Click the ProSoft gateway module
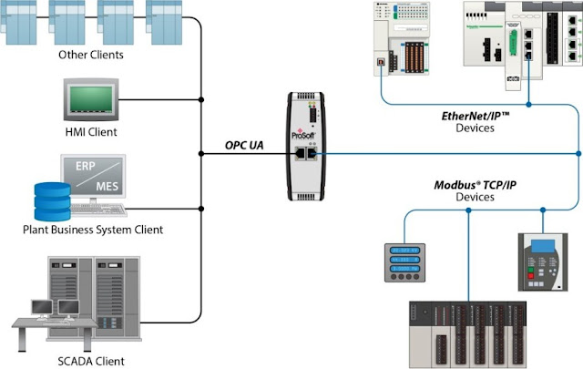click(309, 146)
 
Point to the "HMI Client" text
click(90, 132)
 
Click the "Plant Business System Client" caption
click(90, 231)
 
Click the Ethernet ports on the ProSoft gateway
click(309, 156)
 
